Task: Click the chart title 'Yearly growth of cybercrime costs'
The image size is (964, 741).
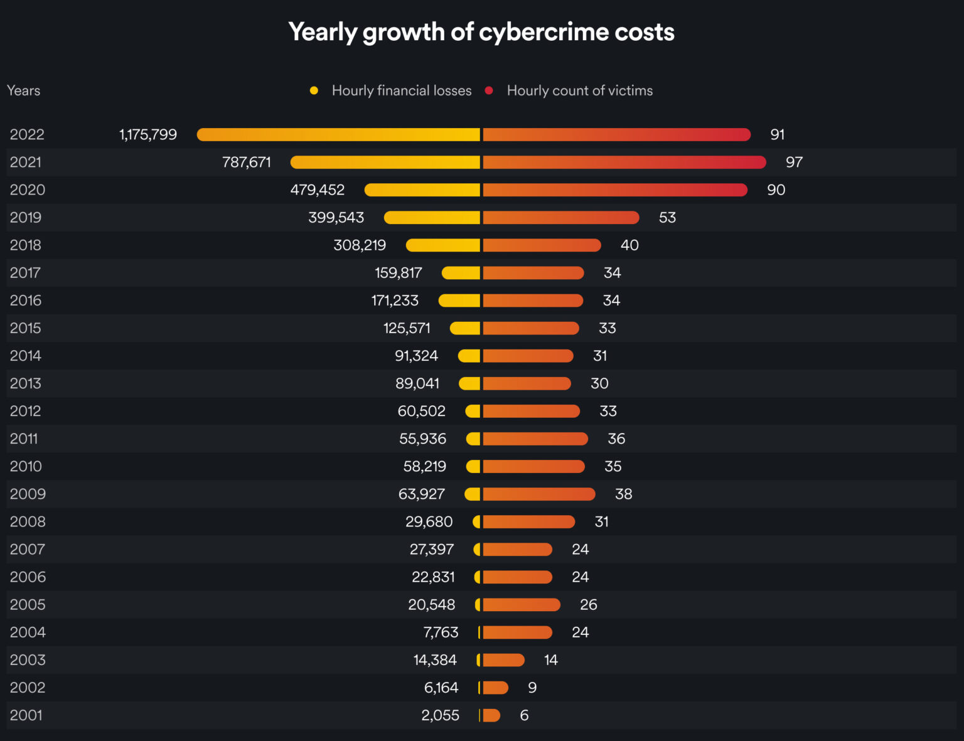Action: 481,32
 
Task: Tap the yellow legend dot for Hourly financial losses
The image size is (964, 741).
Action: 314,91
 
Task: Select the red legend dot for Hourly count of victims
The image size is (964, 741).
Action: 489,91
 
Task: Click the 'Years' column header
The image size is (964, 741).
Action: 23,91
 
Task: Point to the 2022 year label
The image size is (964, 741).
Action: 27,134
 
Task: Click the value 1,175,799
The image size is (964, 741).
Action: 148,134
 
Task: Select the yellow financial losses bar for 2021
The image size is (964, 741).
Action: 385,163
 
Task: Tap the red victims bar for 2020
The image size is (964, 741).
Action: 615,190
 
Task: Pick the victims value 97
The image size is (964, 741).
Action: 794,163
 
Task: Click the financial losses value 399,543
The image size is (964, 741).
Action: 336,218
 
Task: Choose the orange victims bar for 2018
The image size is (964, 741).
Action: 542,245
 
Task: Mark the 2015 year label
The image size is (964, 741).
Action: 26,328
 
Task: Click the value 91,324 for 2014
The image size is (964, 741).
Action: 416,356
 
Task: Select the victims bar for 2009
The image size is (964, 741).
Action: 538,494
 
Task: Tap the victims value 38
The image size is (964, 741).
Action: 623,494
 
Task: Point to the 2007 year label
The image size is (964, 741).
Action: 27,550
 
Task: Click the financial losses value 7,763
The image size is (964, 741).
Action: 441,632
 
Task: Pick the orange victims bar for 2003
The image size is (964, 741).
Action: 503,660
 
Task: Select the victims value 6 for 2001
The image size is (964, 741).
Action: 524,715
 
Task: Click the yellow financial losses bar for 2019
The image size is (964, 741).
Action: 432,218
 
